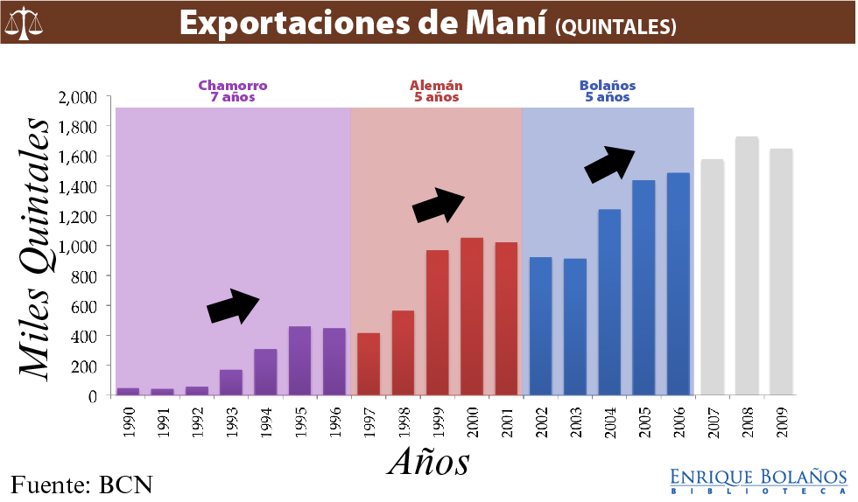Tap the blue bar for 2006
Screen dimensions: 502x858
point(679,283)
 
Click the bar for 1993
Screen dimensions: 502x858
point(231,382)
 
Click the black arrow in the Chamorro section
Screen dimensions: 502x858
point(234,306)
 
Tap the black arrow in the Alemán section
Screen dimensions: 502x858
point(439,206)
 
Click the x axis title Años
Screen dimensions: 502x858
point(429,460)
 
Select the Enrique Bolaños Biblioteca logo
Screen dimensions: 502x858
point(758,480)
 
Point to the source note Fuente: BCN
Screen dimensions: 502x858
point(82,483)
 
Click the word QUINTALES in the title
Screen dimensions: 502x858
point(615,28)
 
